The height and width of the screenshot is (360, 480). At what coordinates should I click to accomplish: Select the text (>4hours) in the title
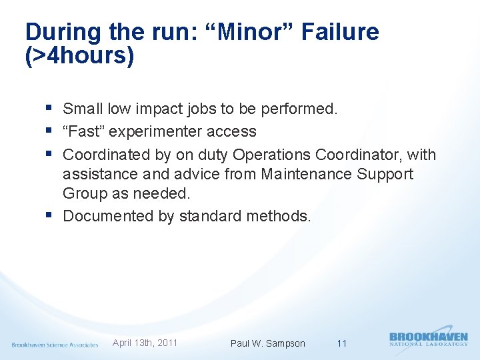[79, 56]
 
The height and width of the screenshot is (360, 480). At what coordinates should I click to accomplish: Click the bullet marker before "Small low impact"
[52, 108]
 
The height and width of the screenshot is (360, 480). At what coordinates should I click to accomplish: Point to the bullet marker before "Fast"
[52, 131]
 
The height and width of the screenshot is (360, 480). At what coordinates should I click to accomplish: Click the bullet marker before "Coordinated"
[52, 155]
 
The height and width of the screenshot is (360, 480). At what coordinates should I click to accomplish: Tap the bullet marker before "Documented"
[52, 216]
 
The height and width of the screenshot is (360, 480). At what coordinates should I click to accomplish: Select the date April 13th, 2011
[145, 343]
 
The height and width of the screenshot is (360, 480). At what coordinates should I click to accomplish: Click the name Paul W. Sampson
[267, 343]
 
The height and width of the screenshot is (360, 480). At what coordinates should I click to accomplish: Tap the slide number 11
[342, 343]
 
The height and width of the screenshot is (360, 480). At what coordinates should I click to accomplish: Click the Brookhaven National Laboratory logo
[428, 339]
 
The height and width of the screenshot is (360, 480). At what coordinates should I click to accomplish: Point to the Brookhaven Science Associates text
[55, 345]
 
